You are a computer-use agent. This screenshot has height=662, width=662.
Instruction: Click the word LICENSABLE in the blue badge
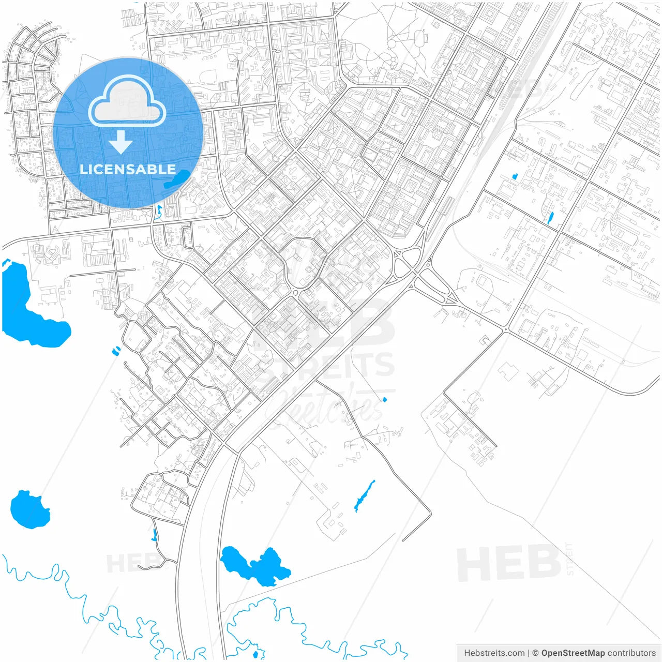[127, 169]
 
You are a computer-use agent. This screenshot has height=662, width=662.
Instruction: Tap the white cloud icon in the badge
[127, 102]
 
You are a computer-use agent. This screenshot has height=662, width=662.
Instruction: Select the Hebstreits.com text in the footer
[494, 653]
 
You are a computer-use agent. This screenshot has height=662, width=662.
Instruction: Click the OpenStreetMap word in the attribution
[573, 653]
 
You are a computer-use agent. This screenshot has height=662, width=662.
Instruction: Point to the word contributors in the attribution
[631, 653]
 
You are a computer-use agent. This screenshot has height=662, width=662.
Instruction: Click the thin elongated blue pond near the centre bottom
[364, 496]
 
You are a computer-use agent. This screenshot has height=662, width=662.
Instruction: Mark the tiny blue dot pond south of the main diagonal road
[384, 399]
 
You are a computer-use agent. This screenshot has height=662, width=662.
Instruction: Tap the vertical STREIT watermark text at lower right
[570, 559]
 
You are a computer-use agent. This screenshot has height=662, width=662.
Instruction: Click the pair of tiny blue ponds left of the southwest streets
[115, 351]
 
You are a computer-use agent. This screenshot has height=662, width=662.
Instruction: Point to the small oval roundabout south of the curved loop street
[296, 293]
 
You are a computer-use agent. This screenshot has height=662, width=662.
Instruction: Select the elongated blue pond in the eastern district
[550, 218]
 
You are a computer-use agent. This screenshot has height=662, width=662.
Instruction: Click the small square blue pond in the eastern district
[515, 176]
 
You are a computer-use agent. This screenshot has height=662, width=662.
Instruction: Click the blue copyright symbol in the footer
[535, 653]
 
